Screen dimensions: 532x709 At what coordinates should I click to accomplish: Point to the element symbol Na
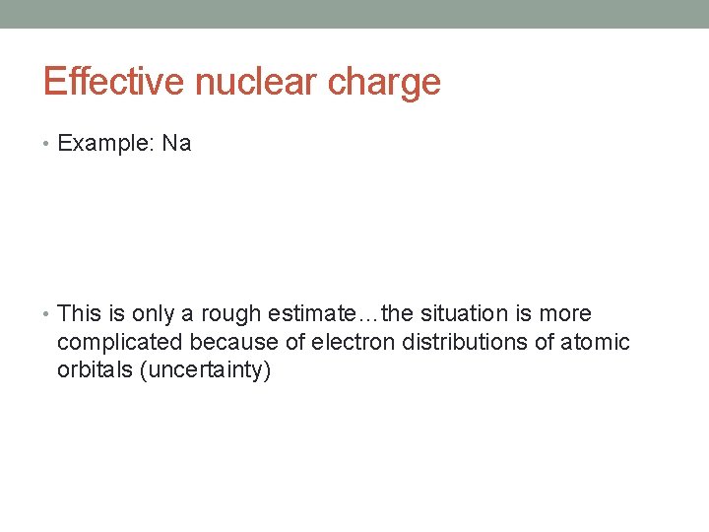tap(177, 144)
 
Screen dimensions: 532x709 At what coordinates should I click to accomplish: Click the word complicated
tap(120, 343)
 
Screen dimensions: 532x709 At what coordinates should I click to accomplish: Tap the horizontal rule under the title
tap(354, 108)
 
